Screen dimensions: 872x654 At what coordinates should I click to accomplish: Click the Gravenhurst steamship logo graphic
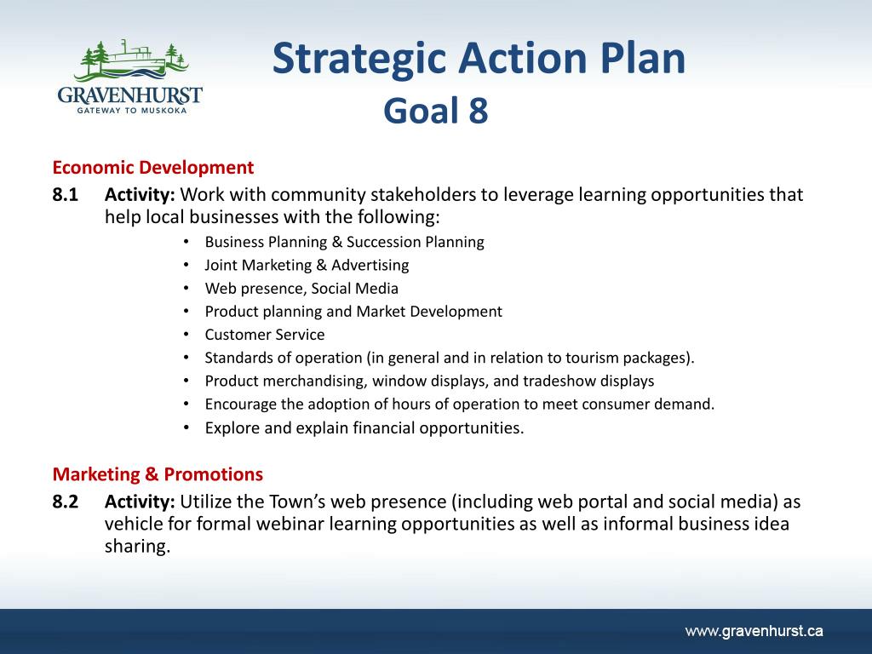[134, 60]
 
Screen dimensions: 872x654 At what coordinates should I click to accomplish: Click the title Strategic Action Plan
[479, 59]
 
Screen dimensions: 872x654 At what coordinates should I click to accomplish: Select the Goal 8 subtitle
[435, 110]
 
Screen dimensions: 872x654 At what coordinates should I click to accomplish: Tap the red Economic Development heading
[153, 168]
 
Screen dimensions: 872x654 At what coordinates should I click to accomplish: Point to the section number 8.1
[65, 195]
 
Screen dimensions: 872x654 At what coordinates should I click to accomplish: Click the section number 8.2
[65, 502]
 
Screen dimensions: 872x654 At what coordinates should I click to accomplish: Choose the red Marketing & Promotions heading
[158, 474]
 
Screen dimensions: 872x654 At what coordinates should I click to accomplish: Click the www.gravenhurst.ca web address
[754, 631]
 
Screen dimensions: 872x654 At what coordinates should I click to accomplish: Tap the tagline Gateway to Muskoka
[132, 111]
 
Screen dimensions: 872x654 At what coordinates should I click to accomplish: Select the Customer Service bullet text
[265, 335]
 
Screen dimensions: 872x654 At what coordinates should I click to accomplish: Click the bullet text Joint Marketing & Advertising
[307, 266]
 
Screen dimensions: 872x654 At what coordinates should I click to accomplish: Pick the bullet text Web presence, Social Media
[301, 289]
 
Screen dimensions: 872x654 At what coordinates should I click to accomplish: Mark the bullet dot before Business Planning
[186, 242]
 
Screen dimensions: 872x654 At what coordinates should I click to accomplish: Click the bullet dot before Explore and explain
[186, 427]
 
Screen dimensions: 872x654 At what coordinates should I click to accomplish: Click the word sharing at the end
[137, 547]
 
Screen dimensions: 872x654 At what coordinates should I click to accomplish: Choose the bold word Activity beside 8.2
[140, 502]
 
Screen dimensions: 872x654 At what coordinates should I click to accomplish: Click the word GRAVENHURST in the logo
[129, 95]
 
